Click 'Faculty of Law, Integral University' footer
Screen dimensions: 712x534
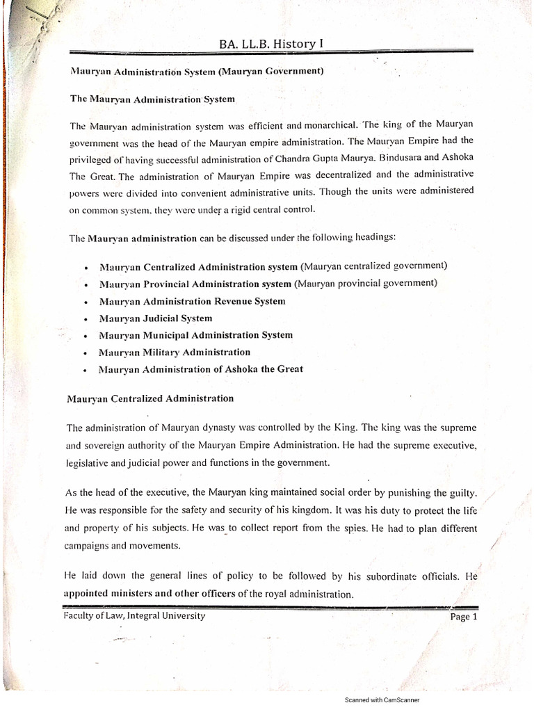point(134,615)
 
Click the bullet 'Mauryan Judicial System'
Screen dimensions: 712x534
point(156,318)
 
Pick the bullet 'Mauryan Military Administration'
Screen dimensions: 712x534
point(175,352)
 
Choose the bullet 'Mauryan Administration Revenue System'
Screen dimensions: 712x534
point(192,301)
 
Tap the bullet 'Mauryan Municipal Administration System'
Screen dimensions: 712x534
point(196,335)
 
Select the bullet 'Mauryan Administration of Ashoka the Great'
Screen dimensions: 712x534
point(201,369)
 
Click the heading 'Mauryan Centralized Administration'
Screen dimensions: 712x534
point(149,398)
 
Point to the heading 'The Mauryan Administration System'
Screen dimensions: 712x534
point(153,99)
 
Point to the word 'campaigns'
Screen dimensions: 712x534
point(86,546)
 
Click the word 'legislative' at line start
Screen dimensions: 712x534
point(87,462)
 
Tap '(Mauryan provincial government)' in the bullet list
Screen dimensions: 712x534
point(366,284)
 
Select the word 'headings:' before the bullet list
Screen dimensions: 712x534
point(373,238)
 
